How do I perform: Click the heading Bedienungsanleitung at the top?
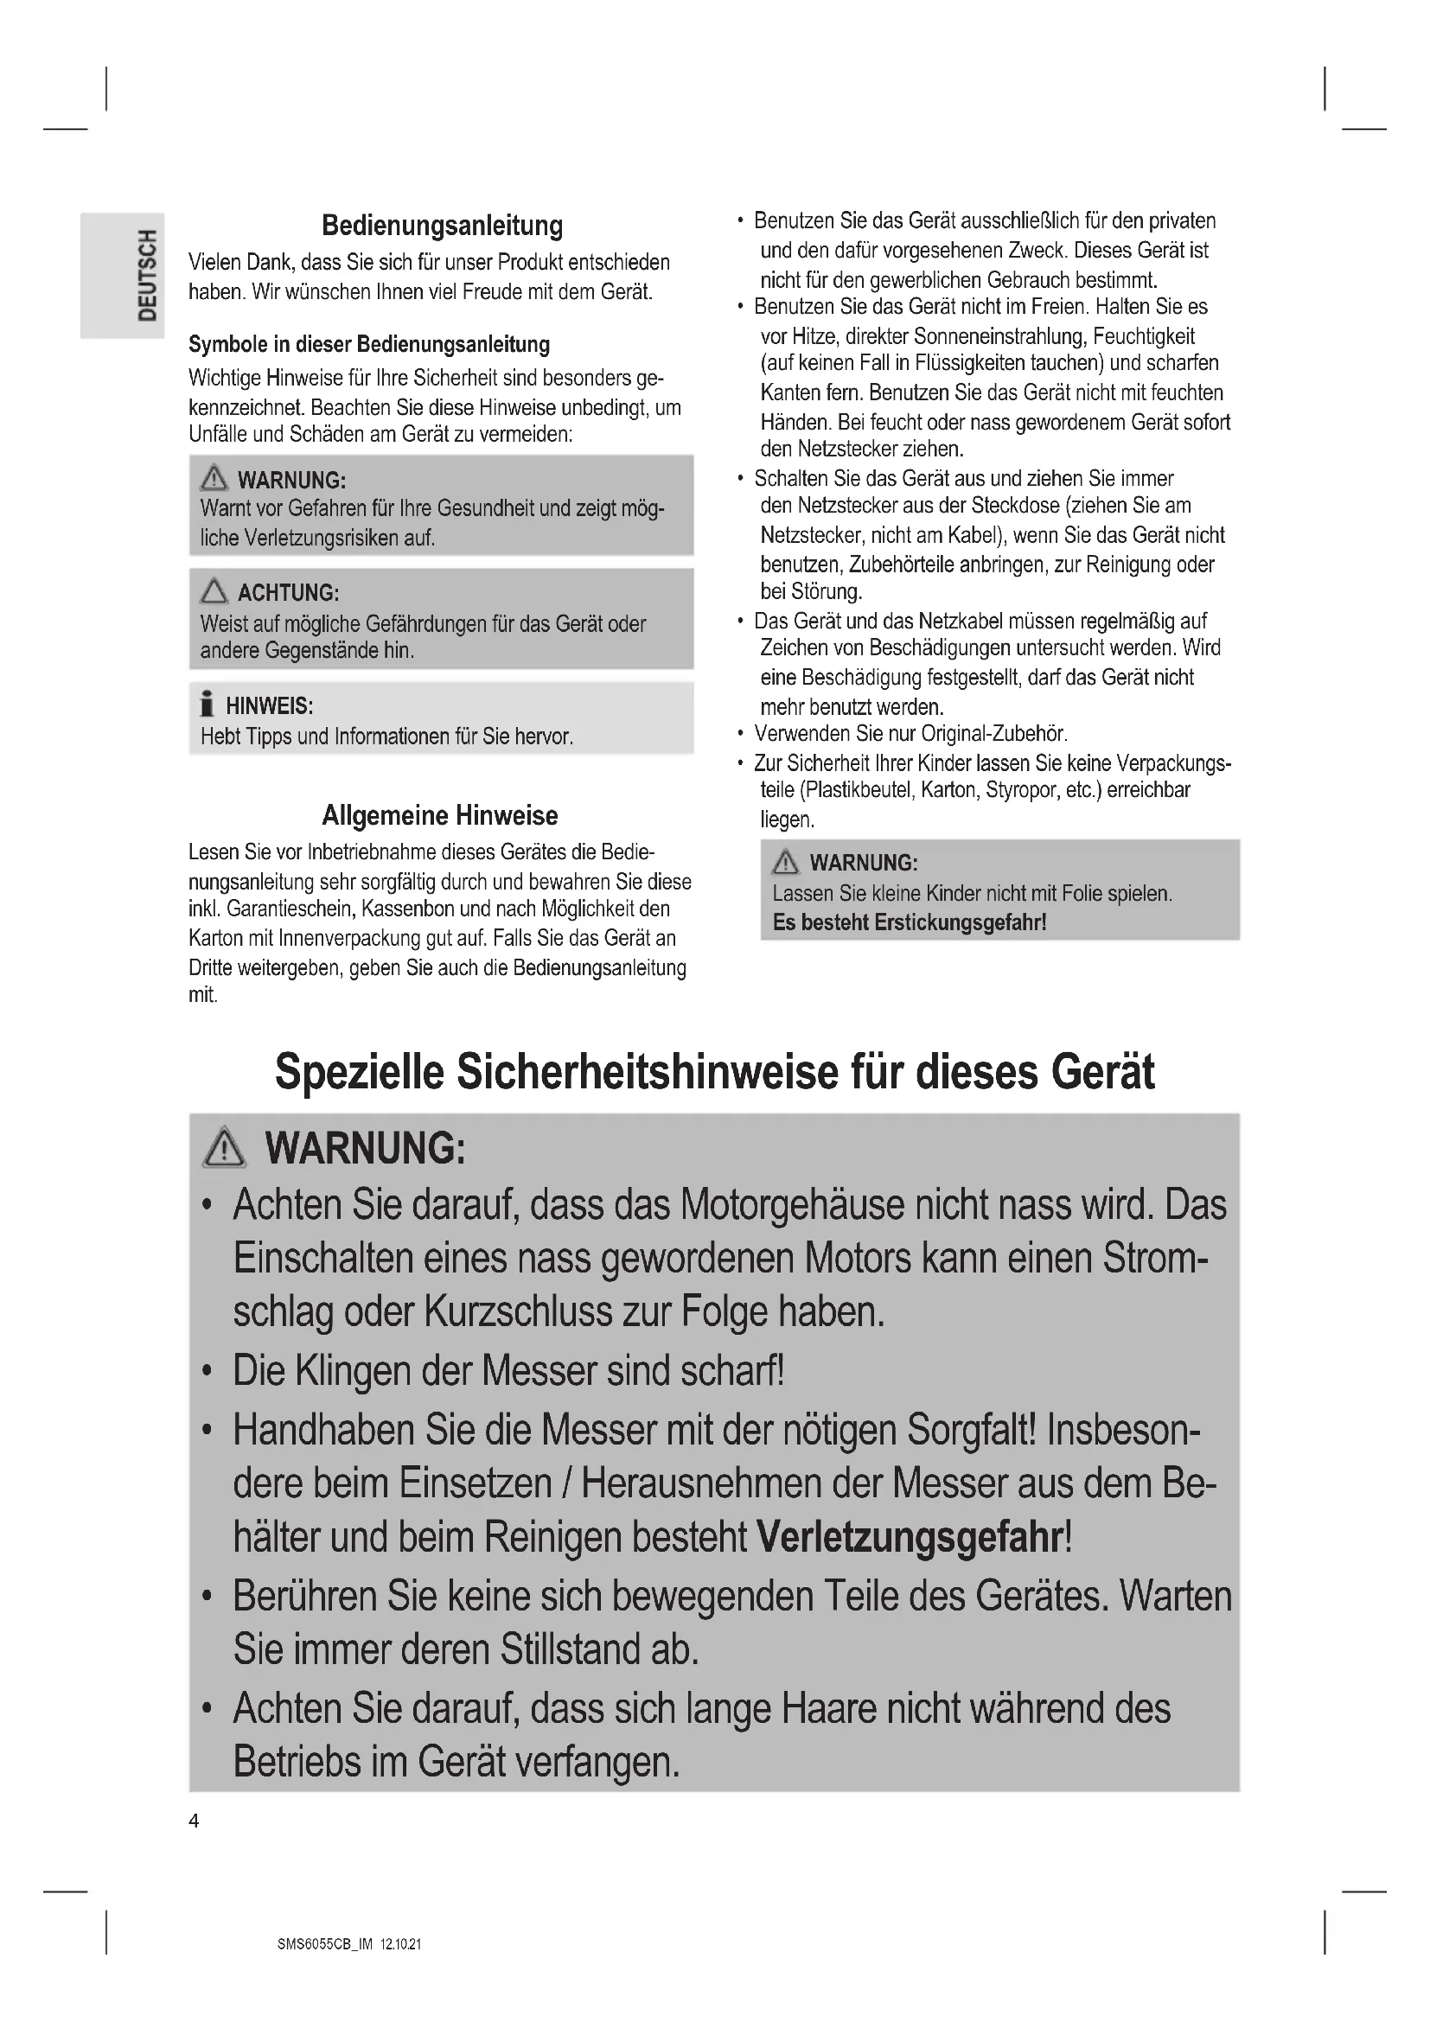point(442,226)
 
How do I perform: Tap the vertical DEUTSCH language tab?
point(147,275)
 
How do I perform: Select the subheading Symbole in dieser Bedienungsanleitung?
point(369,344)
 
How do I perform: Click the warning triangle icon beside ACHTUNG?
point(213,591)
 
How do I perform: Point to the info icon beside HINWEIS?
point(207,705)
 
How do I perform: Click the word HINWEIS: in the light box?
point(270,705)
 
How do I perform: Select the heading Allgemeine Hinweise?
point(439,815)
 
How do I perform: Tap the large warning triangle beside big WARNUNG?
point(225,1148)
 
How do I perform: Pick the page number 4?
point(194,1821)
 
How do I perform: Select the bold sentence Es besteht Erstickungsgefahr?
point(910,923)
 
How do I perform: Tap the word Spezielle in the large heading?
point(360,1072)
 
